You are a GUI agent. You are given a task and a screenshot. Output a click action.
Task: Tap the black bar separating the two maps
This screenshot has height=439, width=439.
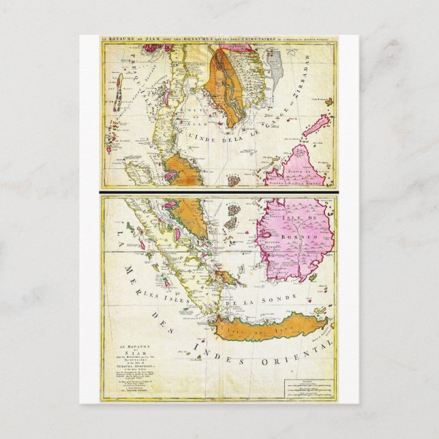click(219, 193)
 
